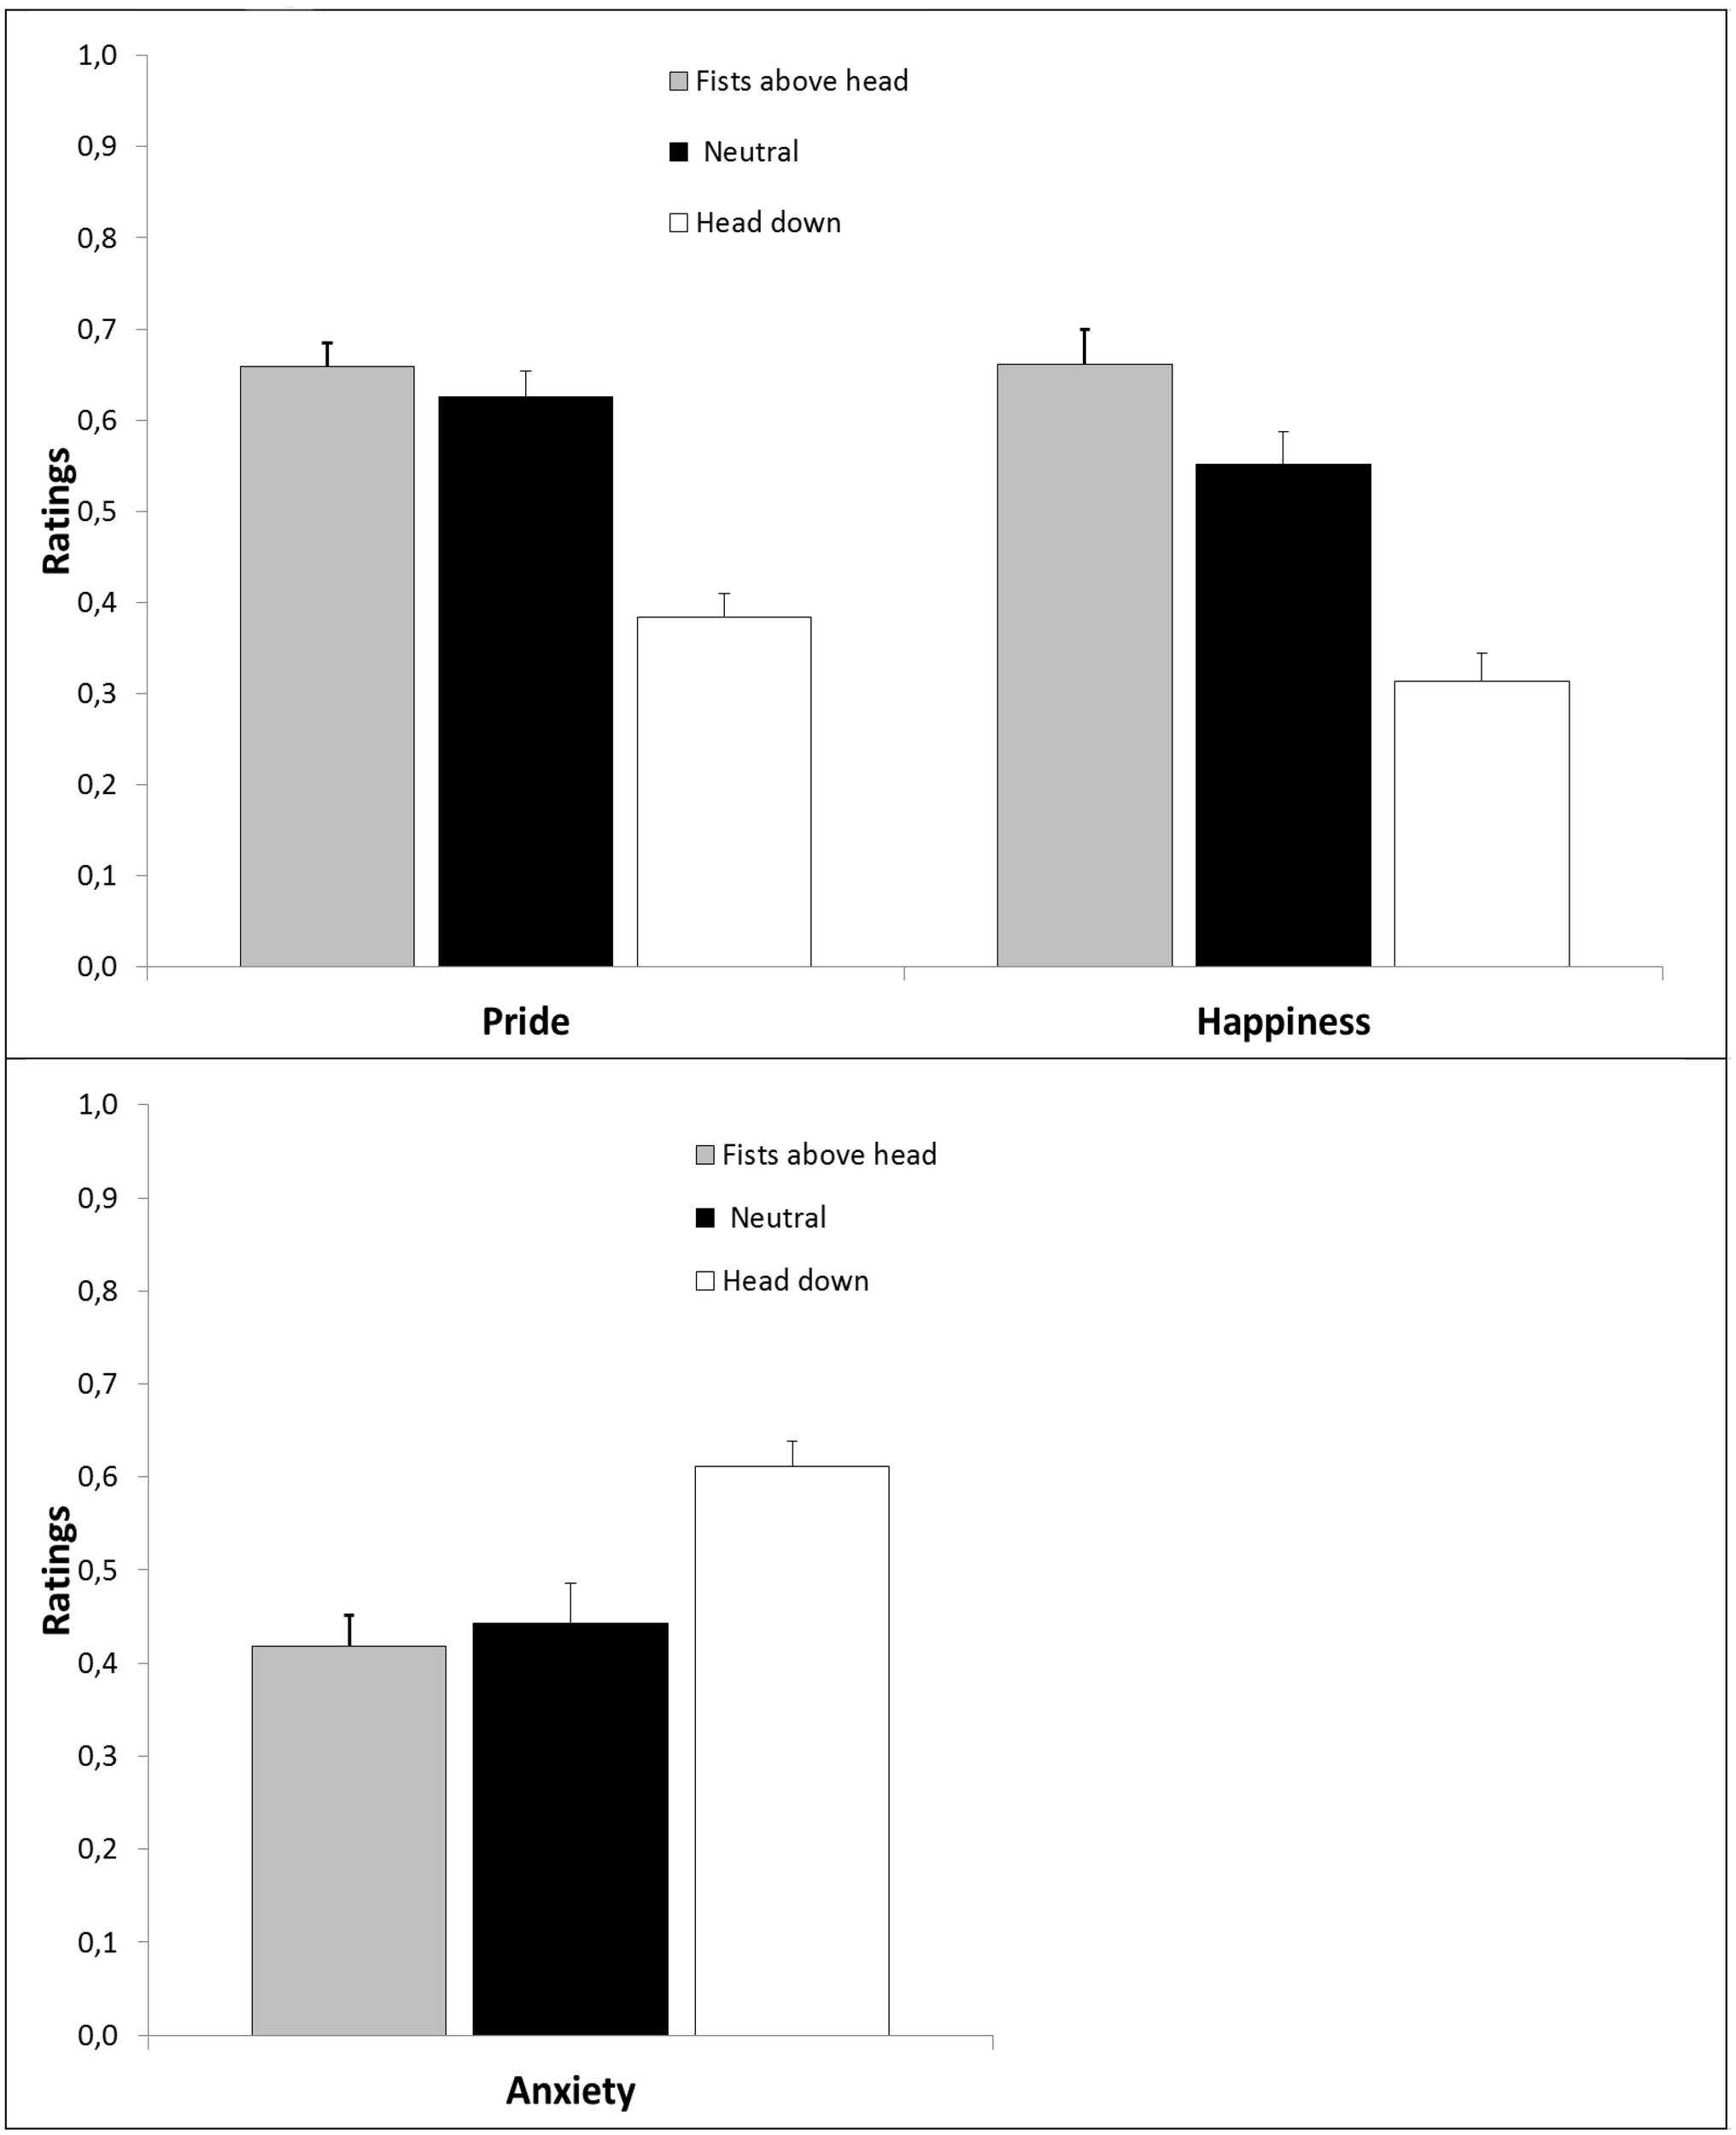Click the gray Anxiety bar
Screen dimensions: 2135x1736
(349, 1842)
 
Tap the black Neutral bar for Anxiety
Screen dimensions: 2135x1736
(570, 1830)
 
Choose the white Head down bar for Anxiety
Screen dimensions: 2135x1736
(792, 1752)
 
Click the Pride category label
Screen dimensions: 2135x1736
(525, 1021)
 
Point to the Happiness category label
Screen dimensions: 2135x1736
(1283, 1021)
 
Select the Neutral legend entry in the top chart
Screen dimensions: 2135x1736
(750, 152)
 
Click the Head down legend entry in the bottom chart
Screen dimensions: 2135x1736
(795, 1281)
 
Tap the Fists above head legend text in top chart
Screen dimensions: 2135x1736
(801, 81)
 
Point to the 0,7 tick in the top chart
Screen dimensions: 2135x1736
(97, 329)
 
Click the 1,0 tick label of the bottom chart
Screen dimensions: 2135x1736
(97, 1105)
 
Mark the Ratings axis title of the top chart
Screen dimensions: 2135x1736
(57, 511)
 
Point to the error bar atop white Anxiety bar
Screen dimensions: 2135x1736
(792, 1453)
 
